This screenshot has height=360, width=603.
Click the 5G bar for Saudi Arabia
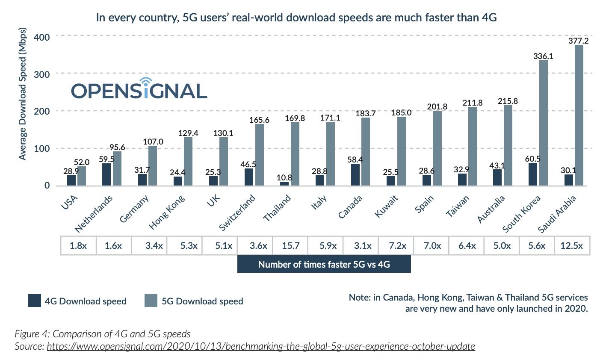pos(579,115)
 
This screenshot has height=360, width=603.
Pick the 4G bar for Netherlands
pos(106,174)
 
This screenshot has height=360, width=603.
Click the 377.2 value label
pos(579,41)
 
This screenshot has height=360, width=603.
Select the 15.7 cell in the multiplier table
pos(291,246)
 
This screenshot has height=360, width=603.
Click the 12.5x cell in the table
pos(573,246)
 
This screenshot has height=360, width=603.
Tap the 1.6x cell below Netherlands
pos(114,246)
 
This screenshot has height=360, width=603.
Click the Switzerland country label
pos(238,212)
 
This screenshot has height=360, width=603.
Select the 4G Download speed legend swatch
pos(34,301)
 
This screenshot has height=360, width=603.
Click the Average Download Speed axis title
pos(23,94)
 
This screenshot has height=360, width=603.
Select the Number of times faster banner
pos(324,264)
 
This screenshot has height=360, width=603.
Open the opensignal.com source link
pos(260,346)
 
